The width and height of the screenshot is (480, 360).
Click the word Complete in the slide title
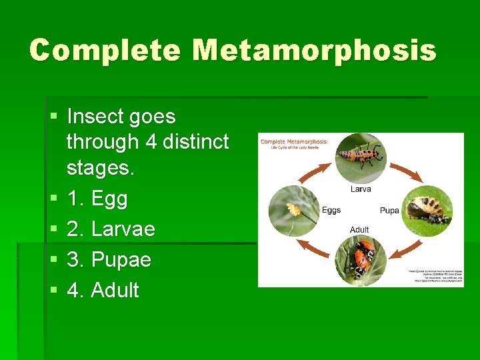(x=105, y=51)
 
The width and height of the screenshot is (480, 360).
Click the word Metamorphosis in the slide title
(x=314, y=51)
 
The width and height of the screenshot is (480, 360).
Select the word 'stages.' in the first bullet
(x=101, y=168)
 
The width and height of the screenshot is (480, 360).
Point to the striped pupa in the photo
(x=427, y=209)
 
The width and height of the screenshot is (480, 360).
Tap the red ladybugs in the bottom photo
(x=361, y=257)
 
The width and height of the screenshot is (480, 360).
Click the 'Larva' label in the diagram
(x=361, y=189)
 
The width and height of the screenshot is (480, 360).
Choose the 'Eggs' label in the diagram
(x=331, y=210)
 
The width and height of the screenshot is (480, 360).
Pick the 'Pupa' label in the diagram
(x=389, y=211)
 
